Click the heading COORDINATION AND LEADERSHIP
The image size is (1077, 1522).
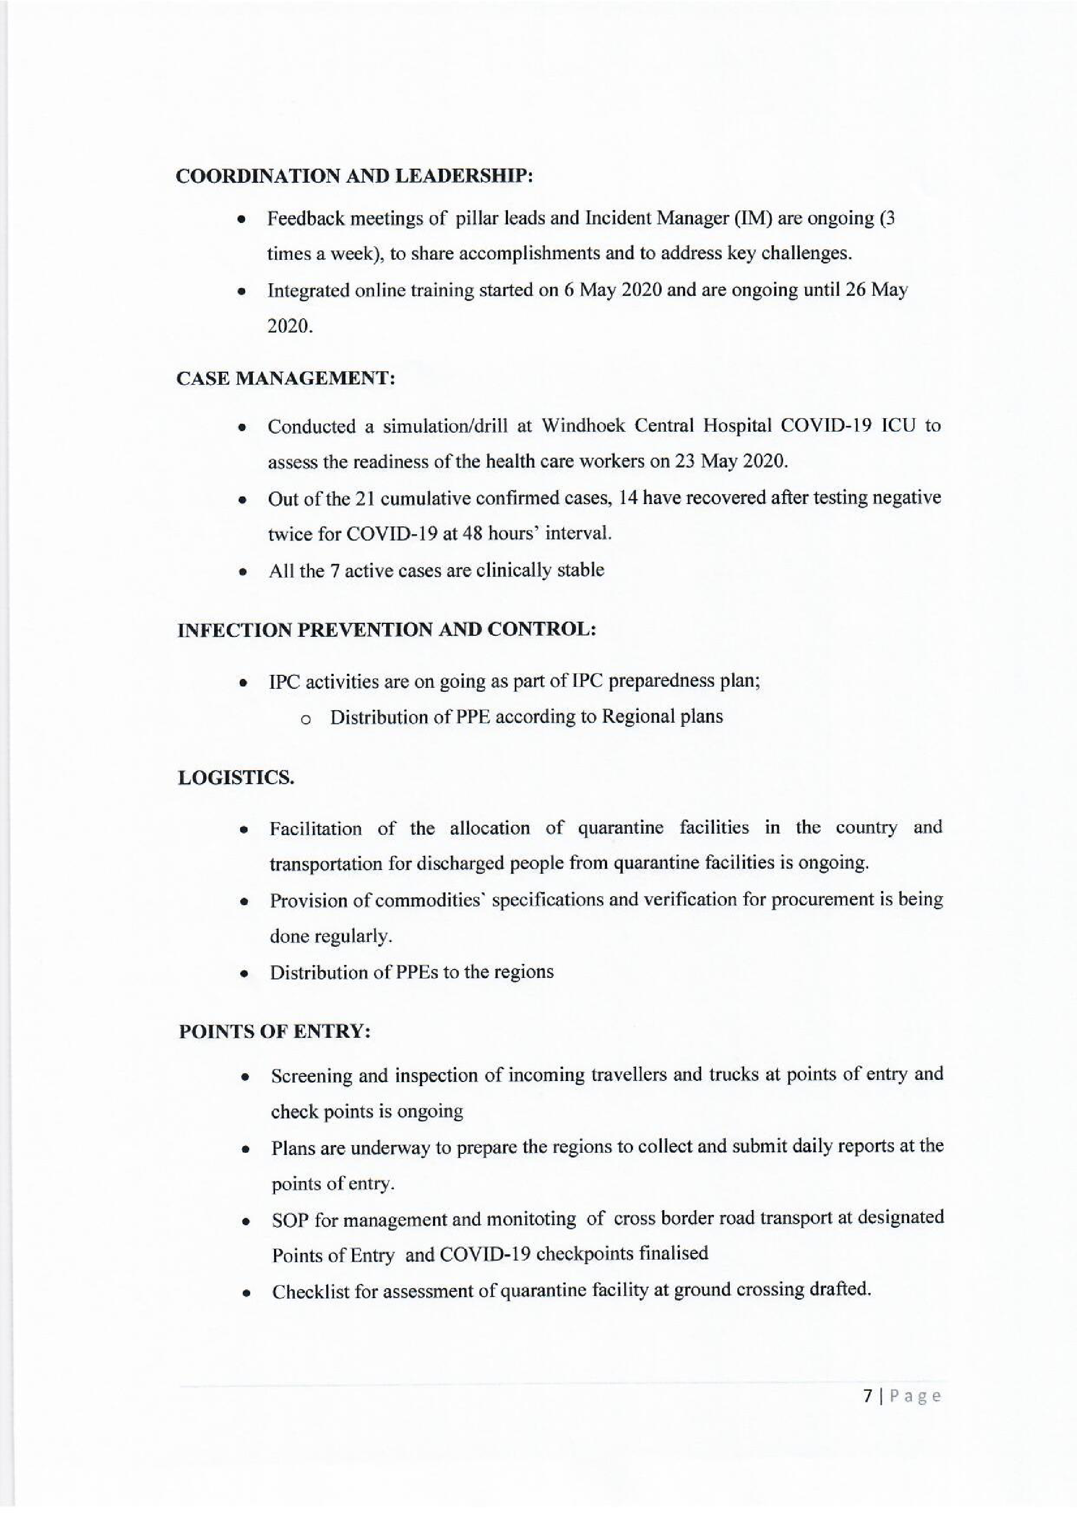[354, 177]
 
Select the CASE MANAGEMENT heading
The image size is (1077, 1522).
[286, 379]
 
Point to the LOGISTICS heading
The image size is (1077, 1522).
[236, 777]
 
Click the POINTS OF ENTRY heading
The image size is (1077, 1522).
[275, 1032]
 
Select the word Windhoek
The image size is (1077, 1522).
[583, 426]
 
